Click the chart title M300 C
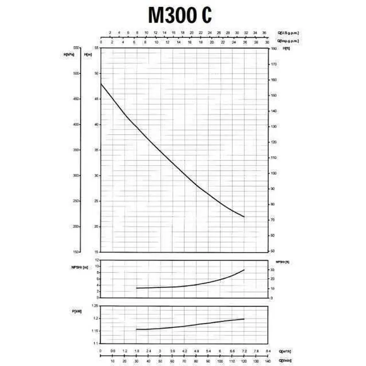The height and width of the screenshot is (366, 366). [x=179, y=16]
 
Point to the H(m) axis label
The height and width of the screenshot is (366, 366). [x=87, y=54]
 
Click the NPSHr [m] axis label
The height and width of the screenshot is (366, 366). [x=79, y=267]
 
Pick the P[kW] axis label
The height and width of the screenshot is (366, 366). [x=76, y=312]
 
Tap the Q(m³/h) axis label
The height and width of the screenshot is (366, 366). [x=285, y=351]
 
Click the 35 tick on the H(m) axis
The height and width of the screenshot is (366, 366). [x=96, y=150]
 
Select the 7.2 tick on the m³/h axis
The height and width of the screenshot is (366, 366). [x=244, y=351]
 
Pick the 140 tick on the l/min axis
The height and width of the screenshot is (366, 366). [x=268, y=360]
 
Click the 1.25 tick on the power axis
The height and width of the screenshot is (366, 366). [x=95, y=305]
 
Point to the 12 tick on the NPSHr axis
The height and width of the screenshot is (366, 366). [x=97, y=259]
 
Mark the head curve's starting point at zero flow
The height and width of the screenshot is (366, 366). [x=101, y=84]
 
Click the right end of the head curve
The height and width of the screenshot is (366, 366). [x=244, y=217]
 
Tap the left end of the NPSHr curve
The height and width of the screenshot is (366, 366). [x=137, y=288]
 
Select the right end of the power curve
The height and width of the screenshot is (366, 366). [x=244, y=319]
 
